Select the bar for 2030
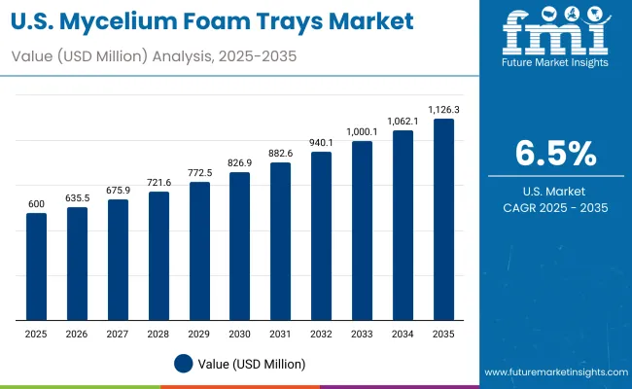click(x=240, y=246)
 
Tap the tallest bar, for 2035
click(x=443, y=220)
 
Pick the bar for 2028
click(x=158, y=256)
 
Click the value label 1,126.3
click(x=443, y=109)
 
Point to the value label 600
click(x=36, y=202)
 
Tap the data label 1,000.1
click(x=362, y=131)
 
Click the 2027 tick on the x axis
click(x=118, y=334)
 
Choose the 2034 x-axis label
click(x=403, y=334)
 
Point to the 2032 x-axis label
click(x=321, y=334)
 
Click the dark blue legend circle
click(x=184, y=364)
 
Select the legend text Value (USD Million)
click(x=251, y=364)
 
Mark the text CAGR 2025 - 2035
click(x=555, y=206)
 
